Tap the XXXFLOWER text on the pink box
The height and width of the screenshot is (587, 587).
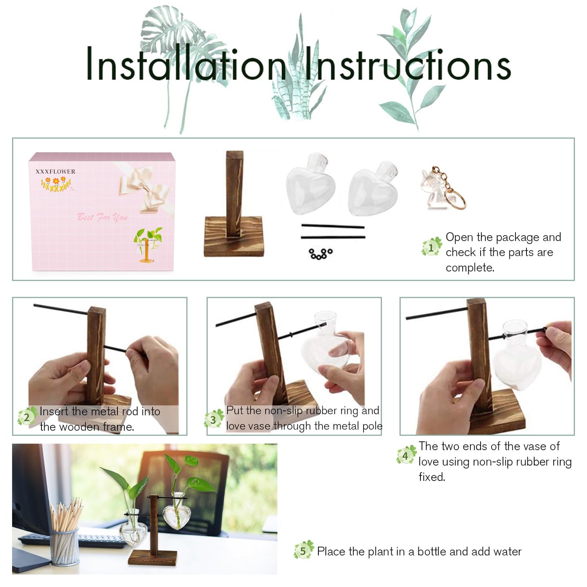click(x=55, y=171)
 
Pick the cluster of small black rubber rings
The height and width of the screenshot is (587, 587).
click(x=321, y=254)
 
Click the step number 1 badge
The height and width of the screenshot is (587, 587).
click(x=431, y=247)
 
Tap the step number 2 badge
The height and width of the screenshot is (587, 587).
click(x=27, y=417)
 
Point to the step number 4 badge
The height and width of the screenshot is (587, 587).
click(x=406, y=455)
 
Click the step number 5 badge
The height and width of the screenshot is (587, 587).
click(x=303, y=550)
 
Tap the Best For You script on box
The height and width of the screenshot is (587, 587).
click(x=102, y=217)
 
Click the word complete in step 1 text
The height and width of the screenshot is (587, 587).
click(x=470, y=268)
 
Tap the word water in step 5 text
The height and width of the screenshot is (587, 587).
click(x=507, y=551)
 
